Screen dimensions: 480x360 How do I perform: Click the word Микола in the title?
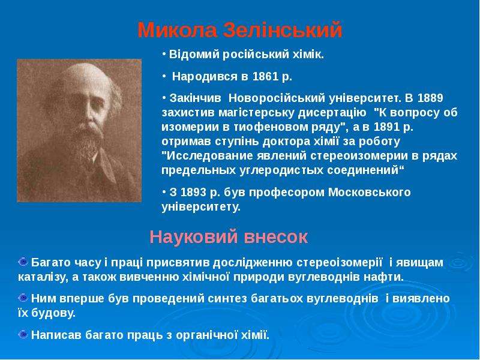coord(178,30)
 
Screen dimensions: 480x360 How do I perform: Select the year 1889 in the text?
coord(430,98)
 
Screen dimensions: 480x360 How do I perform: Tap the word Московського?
coord(370,192)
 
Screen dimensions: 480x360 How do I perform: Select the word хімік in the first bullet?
coord(311,55)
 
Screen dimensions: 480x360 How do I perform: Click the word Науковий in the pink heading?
coord(194,236)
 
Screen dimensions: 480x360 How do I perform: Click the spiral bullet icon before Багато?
coord(23,262)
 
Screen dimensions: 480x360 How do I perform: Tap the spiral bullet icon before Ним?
coord(23,298)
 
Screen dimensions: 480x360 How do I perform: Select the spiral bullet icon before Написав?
coord(23,334)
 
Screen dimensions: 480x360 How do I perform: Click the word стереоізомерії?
coord(340,263)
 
